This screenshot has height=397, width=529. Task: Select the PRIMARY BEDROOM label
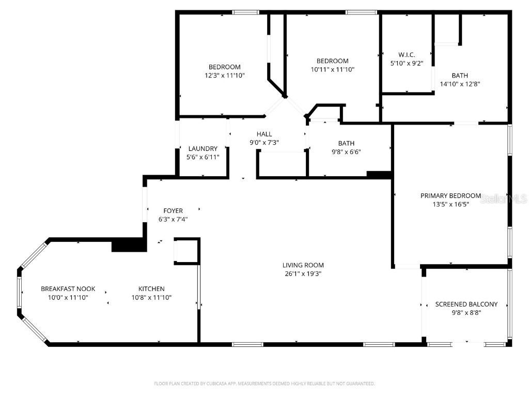(x=450, y=196)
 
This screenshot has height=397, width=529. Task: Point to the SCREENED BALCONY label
(x=466, y=304)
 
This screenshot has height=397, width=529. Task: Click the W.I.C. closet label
(x=407, y=55)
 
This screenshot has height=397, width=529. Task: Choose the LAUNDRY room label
(x=203, y=149)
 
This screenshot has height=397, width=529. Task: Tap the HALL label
(x=264, y=134)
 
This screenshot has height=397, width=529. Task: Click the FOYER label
(x=173, y=210)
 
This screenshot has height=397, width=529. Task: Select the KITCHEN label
(x=151, y=289)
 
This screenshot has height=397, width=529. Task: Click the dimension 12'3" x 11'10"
(x=224, y=75)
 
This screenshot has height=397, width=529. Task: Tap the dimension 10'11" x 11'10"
(x=332, y=69)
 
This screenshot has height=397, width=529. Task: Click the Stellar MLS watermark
(x=503, y=198)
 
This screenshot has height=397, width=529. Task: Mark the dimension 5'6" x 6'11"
(x=203, y=157)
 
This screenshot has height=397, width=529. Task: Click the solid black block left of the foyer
(x=127, y=245)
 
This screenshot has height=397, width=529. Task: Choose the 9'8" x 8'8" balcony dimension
(x=466, y=312)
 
